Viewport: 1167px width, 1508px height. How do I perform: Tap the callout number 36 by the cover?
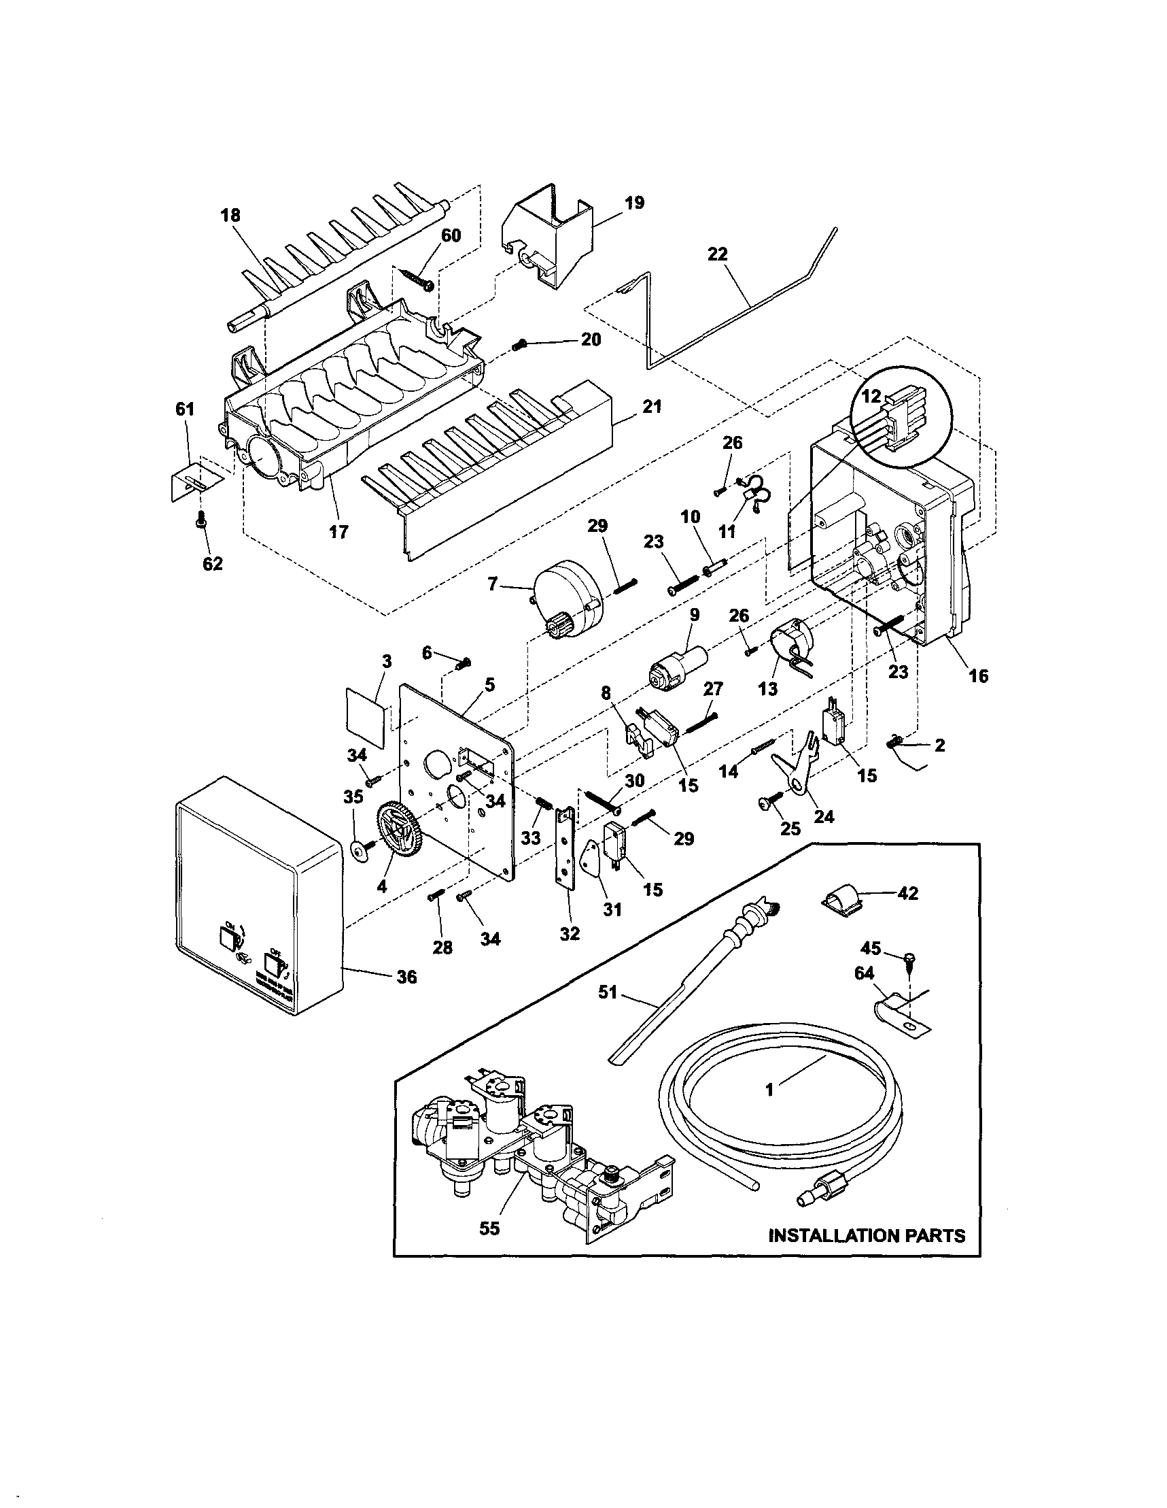pos(407,977)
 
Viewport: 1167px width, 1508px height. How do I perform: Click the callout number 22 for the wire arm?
pos(717,255)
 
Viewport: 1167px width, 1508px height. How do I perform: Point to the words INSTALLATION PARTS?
pos(867,1235)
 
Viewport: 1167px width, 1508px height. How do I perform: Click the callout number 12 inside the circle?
pos(871,397)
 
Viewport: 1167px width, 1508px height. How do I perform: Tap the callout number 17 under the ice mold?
pos(338,532)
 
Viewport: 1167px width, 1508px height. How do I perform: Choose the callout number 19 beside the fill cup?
pos(634,202)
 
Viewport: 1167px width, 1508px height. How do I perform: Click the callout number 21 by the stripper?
pos(652,407)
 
